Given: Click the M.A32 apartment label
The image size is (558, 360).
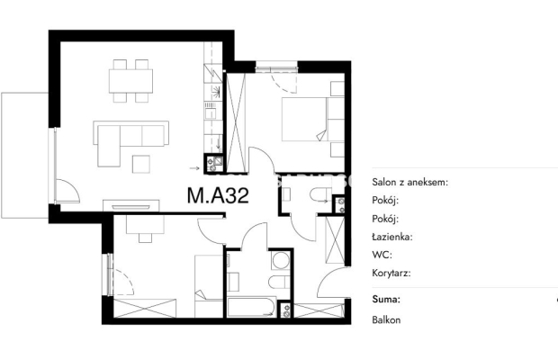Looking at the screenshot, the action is pos(218,195).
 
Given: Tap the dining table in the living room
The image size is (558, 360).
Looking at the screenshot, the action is pos(130,81).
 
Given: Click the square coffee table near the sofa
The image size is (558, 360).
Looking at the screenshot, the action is pos(141,164).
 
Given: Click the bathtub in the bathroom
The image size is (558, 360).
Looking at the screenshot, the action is pos(252,307).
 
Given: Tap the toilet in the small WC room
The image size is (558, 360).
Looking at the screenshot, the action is pos(320,194).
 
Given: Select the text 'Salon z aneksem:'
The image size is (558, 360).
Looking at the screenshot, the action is pos(410,182).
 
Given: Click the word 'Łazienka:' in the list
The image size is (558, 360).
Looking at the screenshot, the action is pos(392,237).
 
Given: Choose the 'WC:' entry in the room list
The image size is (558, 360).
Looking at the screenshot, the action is pos(382,255).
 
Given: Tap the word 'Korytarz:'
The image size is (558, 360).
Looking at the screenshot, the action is pos(391,274).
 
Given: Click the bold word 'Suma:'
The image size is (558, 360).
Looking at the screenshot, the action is pos(386,299).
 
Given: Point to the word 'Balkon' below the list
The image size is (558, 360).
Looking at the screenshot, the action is pos(386,319).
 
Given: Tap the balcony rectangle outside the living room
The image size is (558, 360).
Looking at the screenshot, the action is pos(24,155).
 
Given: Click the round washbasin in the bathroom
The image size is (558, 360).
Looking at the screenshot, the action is pos(281,260).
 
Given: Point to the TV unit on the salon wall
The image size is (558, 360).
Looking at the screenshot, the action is pos(131,206).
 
